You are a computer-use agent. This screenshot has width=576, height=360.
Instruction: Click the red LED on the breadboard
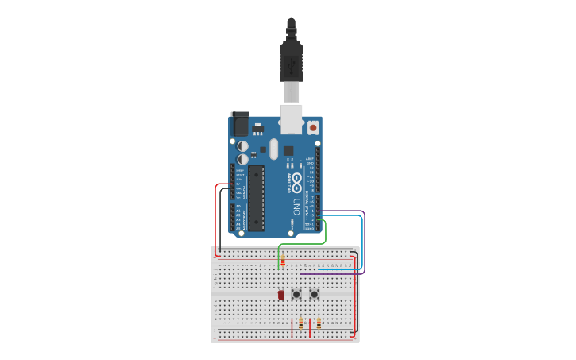(281, 295)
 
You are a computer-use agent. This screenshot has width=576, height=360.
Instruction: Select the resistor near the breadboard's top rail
(283, 261)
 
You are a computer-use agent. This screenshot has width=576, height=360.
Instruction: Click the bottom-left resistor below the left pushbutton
(300, 323)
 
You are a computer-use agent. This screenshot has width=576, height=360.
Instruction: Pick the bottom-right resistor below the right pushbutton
(319, 323)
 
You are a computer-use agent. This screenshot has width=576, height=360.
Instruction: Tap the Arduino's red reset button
(313, 127)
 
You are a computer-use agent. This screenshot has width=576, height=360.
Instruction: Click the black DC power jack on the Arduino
(239, 125)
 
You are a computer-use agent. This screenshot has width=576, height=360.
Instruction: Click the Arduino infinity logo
(296, 183)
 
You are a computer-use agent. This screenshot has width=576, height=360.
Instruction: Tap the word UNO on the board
(296, 208)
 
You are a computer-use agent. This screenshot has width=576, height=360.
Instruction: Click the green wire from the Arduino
(325, 234)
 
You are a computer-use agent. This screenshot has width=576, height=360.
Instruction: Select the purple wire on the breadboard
(334, 273)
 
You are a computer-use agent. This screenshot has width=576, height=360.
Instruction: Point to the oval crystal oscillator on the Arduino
(274, 149)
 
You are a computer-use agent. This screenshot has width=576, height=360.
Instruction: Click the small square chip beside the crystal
(288, 150)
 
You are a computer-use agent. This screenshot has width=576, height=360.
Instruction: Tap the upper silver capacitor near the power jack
(242, 146)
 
